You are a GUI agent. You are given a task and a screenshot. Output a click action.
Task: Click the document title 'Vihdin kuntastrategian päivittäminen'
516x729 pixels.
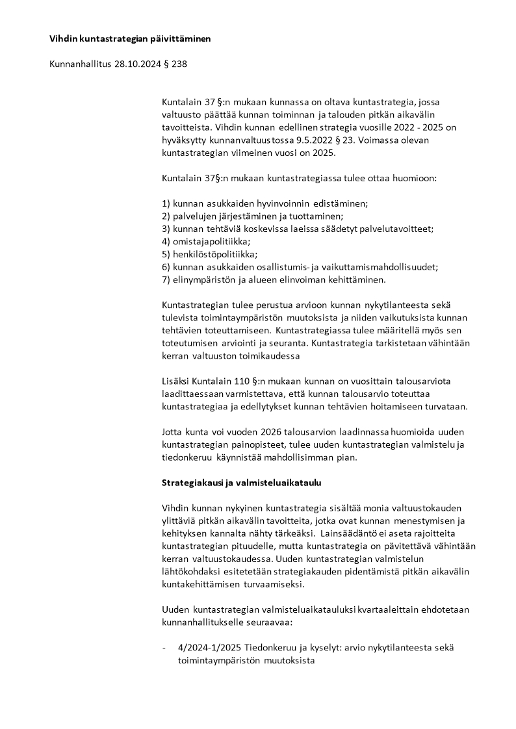130,39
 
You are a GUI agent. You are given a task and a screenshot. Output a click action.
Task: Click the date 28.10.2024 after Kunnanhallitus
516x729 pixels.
138,64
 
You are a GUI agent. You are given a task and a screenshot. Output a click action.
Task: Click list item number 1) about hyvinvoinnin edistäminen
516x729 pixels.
264,203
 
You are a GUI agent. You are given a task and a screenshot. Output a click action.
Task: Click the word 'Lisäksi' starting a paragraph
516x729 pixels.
175,381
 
